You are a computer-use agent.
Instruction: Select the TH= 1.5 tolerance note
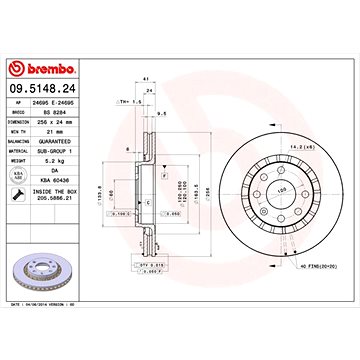click(126, 101)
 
